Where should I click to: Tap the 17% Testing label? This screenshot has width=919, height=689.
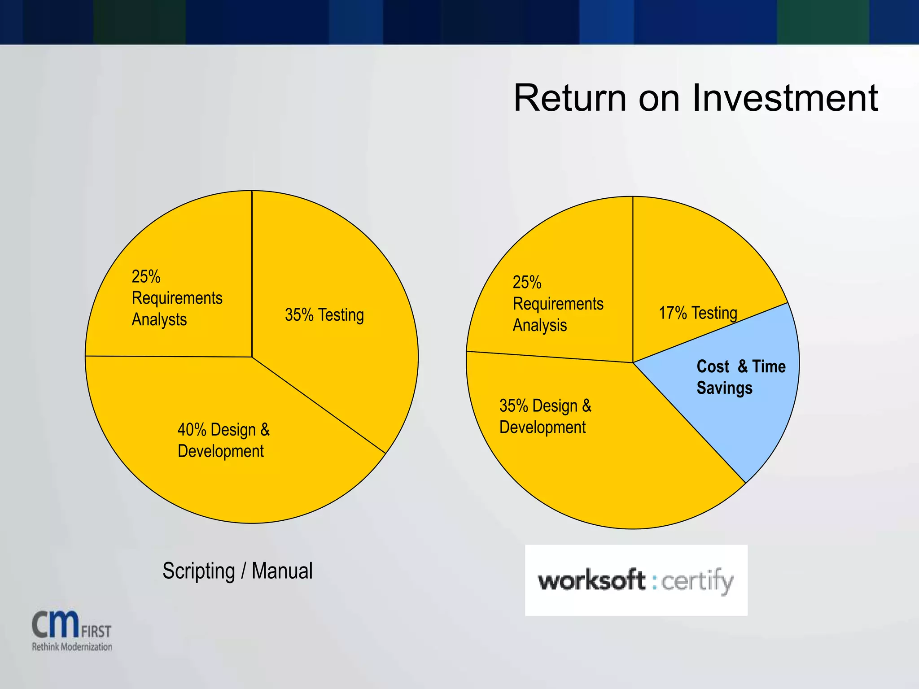tap(698, 313)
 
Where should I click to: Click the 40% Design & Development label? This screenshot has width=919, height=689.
tap(223, 440)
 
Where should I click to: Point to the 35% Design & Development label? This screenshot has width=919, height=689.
tap(545, 416)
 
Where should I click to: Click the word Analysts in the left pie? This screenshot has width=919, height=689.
tap(159, 320)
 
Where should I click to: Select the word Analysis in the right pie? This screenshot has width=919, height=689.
tap(540, 326)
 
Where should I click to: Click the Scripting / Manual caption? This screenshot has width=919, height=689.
tap(237, 571)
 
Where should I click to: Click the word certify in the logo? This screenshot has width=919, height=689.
tap(697, 581)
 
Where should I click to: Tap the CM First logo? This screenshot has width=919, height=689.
tap(71, 626)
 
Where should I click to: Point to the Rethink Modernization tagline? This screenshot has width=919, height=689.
tap(72, 647)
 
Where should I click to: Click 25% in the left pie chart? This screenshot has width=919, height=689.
tap(146, 277)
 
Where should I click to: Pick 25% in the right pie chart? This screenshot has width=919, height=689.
tap(527, 283)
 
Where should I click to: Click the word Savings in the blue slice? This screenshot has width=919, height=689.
tap(724, 388)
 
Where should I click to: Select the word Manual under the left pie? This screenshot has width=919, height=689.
tap(282, 571)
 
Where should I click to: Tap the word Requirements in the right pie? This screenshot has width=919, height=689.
tap(558, 304)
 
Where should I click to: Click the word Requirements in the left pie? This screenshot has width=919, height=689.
tap(177, 298)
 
